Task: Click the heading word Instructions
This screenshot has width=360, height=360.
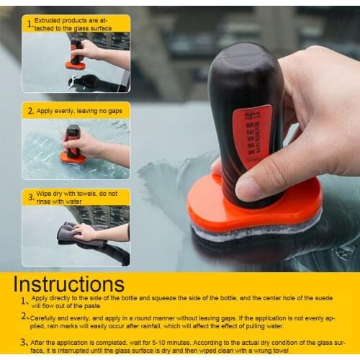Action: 68,283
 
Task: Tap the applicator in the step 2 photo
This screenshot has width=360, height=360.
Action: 73,143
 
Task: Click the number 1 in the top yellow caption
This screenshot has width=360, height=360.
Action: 30,24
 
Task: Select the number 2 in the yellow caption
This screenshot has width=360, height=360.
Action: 30,111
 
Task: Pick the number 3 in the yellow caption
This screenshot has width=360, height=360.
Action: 30,197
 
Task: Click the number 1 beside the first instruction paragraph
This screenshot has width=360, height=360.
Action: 23,300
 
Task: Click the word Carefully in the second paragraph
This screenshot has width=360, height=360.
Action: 45,316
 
